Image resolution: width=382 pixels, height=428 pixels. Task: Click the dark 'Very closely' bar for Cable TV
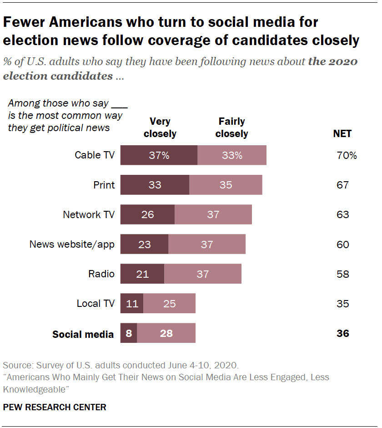point(159,155)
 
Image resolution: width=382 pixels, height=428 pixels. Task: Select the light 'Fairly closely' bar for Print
point(226,185)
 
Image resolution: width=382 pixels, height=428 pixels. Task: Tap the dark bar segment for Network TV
point(147,214)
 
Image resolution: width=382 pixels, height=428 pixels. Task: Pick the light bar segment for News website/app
point(207,245)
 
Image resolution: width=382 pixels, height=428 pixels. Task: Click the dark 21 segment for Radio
point(142,274)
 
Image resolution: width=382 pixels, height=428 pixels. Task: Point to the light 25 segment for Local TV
point(169,304)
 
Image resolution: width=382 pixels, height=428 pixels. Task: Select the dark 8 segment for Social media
point(129,333)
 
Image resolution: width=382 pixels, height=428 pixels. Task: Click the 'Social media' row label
point(83,334)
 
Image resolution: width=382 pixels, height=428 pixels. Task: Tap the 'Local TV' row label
point(95,304)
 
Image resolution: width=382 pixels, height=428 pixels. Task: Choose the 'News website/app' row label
point(72,245)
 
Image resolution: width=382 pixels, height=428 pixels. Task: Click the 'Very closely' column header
point(160,127)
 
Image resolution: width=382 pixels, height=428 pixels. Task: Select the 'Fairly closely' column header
point(231,127)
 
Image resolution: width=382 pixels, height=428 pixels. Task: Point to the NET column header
point(342,133)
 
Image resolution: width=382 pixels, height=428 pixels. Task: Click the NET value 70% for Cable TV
point(347,155)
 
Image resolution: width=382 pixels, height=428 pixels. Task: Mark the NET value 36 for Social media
point(343,333)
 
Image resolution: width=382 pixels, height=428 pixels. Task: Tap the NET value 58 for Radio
point(343,274)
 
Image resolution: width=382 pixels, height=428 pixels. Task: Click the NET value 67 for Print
point(343,185)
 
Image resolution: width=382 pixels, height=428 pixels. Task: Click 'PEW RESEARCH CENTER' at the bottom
point(55,407)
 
